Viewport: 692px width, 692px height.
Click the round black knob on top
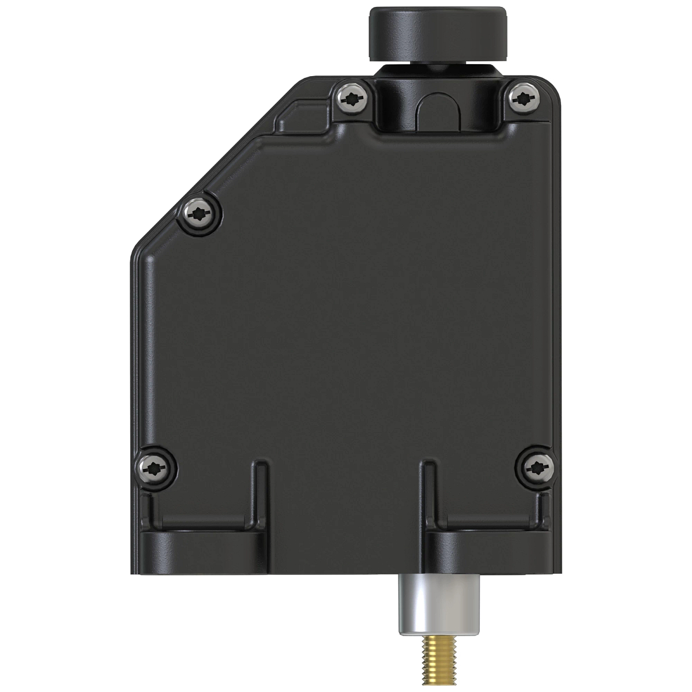[x=438, y=32]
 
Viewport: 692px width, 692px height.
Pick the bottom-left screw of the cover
[x=156, y=467]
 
